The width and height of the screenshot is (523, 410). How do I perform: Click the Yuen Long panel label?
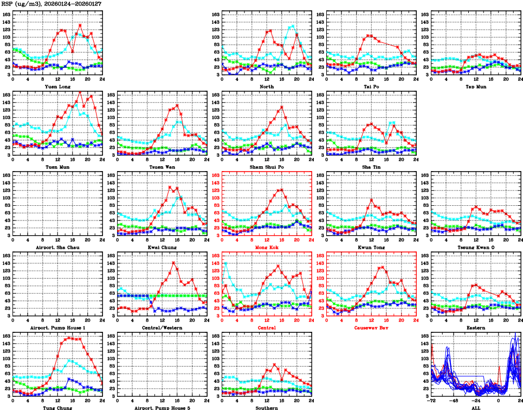pos(57,86)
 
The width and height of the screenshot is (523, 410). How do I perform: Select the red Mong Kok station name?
pos(266,248)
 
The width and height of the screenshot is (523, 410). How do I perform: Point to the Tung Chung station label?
pos(57,408)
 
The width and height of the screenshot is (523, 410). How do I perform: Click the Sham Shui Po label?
pos(266,167)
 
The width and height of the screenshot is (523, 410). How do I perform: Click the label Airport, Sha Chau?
pos(57,248)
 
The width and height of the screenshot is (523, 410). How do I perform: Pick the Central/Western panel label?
pos(162,328)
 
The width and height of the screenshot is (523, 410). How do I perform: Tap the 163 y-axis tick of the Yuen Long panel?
pos(7,14)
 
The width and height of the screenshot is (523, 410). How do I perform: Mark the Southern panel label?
pos(266,408)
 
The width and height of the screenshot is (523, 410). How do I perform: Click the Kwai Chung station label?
pos(162,248)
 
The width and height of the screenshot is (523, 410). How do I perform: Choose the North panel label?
pos(266,86)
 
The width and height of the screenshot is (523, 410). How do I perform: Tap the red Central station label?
pos(266,328)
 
